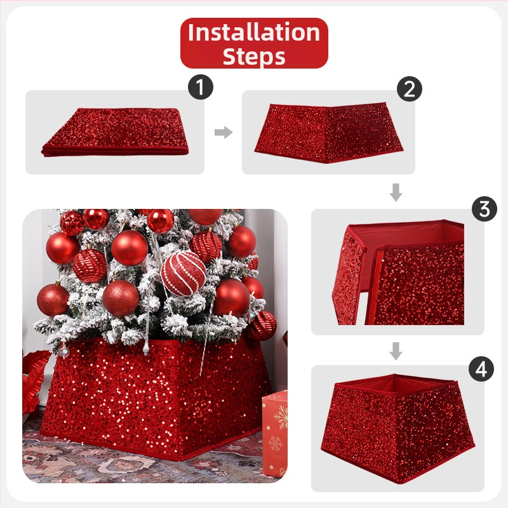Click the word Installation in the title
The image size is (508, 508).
click(x=254, y=32)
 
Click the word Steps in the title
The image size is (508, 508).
click(x=254, y=57)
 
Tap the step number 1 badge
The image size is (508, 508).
click(x=201, y=87)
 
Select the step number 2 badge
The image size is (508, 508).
click(x=410, y=89)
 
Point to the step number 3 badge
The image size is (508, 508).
click(x=485, y=209)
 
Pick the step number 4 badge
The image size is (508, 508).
click(x=481, y=369)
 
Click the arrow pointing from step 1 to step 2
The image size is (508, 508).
click(x=224, y=132)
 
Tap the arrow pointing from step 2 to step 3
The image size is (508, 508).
click(x=396, y=192)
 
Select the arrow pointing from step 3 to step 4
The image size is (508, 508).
click(x=396, y=351)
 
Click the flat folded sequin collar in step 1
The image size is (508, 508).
click(x=116, y=132)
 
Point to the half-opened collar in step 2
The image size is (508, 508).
click(x=328, y=133)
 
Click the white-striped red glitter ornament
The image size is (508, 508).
click(x=184, y=273)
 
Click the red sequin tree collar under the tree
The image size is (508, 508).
click(x=156, y=399)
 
